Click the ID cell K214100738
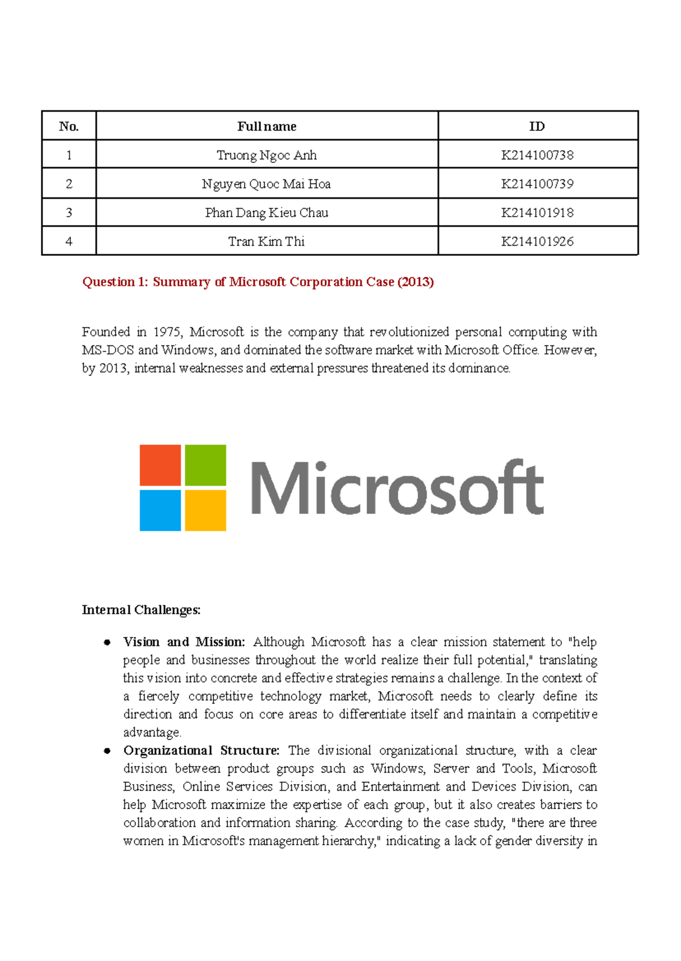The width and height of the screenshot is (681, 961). (x=537, y=155)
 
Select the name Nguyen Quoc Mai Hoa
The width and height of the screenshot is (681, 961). (x=266, y=184)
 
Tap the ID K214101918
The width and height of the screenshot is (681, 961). (x=537, y=213)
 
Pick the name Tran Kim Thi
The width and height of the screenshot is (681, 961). (x=266, y=242)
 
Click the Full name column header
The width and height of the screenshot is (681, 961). (x=266, y=126)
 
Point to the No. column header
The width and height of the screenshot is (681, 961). (x=69, y=126)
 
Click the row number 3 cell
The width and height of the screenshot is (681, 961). (x=69, y=213)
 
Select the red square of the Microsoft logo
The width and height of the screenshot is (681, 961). (x=160, y=465)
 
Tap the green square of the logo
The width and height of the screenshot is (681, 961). (x=205, y=465)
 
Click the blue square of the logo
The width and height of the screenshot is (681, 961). (x=160, y=511)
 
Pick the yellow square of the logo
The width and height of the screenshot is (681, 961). (x=205, y=511)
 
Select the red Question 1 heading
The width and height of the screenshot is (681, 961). (x=258, y=282)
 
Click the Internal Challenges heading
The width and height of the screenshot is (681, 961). (x=141, y=610)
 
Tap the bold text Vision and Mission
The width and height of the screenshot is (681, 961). (x=184, y=642)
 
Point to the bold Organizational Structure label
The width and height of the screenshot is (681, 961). (x=201, y=751)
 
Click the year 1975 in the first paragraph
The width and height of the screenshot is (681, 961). (x=167, y=332)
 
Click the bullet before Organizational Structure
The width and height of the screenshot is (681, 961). (x=107, y=751)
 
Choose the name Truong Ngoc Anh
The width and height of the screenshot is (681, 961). (x=266, y=155)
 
